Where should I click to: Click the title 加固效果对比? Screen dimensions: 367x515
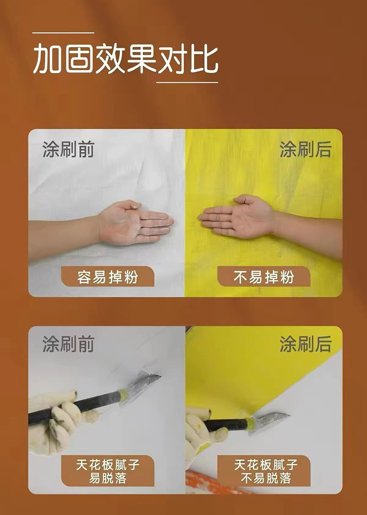coord(125,59)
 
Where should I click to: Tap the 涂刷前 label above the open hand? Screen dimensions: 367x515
coord(69,150)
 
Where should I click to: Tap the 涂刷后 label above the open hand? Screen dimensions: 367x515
coord(305,150)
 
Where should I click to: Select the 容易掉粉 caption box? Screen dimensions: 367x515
coord(108,276)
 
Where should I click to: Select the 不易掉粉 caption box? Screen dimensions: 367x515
coord(264,276)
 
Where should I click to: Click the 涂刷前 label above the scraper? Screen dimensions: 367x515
coord(69,344)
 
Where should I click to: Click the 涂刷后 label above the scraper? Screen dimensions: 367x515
coord(305,344)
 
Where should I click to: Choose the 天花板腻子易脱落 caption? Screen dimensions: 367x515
coord(108,471)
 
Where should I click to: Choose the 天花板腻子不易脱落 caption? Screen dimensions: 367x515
coord(264,471)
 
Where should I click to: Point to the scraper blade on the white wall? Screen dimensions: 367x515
coord(141,386)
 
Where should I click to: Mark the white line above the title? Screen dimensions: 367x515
coord(63,33)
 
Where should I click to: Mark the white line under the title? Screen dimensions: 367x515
coord(187,82)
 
